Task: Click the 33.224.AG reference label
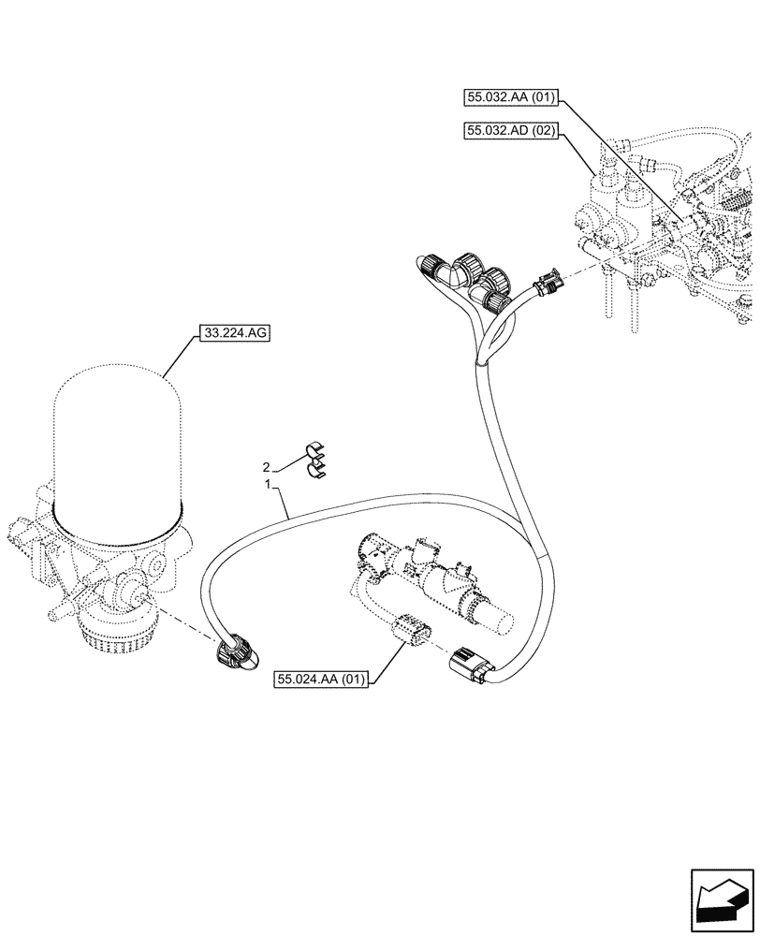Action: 232,332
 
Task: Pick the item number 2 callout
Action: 267,466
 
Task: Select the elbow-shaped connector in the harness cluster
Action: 456,276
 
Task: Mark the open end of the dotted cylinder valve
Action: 503,619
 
